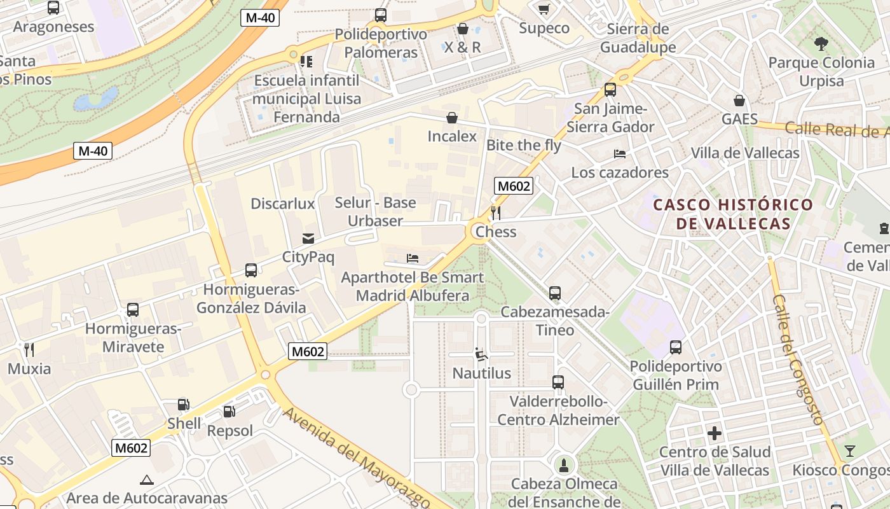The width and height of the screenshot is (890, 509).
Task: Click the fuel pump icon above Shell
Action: coord(183,404)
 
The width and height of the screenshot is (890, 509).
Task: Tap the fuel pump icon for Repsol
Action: coord(229,412)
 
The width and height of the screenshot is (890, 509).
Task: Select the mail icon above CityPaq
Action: coord(308,239)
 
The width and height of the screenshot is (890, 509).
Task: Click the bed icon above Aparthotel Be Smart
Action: coord(413,258)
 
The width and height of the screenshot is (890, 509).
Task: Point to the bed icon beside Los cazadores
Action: coord(620,154)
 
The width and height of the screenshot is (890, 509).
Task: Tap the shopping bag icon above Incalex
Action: coord(452,118)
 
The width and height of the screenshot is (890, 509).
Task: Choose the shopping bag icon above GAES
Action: coord(739,101)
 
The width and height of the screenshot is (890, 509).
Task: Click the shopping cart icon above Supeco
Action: coord(544,9)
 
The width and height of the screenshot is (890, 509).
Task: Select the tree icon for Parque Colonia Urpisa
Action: coord(821,44)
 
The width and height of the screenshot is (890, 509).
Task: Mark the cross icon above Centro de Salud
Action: coord(715,433)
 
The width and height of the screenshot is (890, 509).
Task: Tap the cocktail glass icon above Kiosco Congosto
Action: coord(849,451)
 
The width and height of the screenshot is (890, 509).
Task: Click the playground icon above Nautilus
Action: coord(481,354)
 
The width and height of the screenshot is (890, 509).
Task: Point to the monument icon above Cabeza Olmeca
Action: coord(564,465)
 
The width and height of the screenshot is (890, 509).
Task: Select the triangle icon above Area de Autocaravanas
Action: coord(147,479)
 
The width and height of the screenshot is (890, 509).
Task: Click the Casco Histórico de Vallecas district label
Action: coord(733,214)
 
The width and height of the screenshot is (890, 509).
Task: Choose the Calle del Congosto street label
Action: coord(798,359)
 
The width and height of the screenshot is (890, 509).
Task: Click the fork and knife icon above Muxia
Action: coord(29,349)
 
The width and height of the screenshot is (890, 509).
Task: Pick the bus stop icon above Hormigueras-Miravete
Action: coord(133,310)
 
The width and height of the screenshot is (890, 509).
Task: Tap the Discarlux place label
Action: coord(283,204)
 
